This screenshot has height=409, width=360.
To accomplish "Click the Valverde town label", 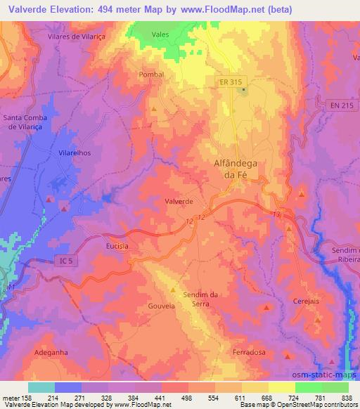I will (x=179, y=201).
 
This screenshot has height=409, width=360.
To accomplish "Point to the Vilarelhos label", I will (x=75, y=152).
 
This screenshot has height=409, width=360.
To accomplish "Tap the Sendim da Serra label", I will (x=201, y=299).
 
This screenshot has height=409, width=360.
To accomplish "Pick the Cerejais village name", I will (x=306, y=301).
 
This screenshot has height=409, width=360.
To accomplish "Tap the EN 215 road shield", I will (x=336, y=105).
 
